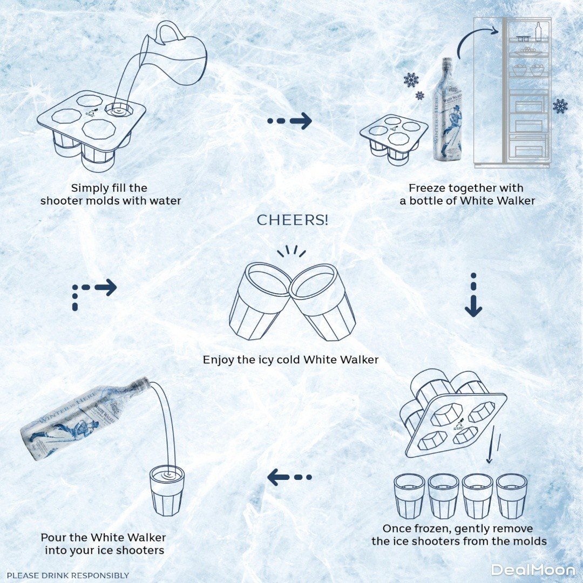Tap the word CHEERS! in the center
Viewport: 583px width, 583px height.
click(292, 220)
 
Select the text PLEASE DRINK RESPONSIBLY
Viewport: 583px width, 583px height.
click(68, 575)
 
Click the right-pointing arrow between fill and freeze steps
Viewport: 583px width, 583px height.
click(290, 121)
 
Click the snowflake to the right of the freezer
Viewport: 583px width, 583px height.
click(560, 106)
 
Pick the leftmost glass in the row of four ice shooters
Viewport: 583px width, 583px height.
click(409, 496)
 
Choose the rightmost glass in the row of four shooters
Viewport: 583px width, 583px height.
click(511, 496)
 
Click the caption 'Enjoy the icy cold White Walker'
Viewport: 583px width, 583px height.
click(290, 360)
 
